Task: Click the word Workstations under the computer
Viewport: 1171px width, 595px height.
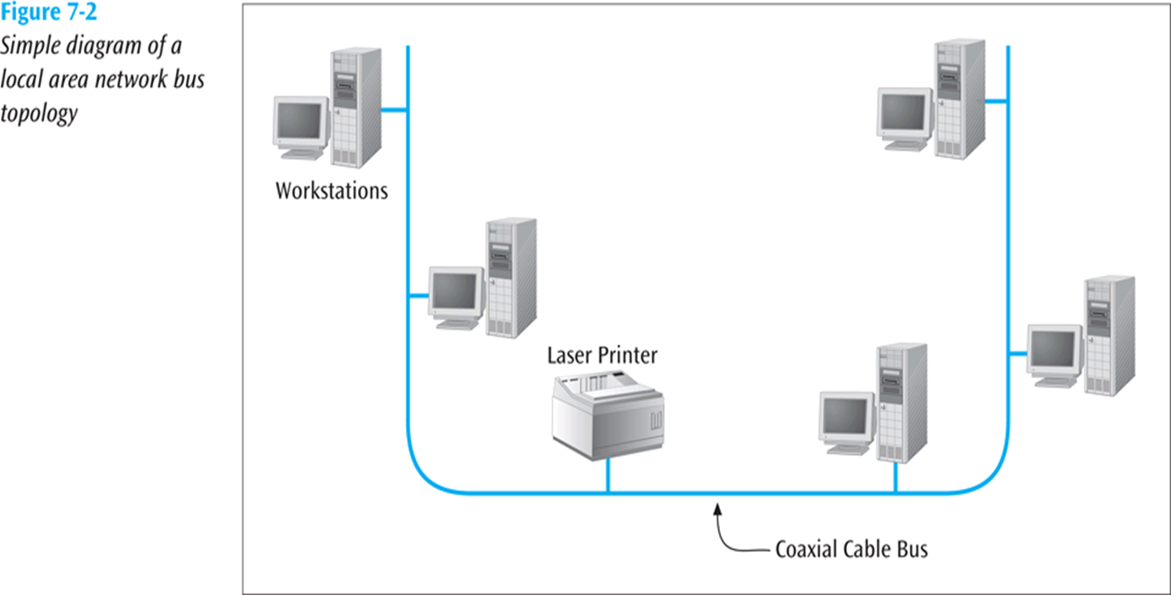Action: tap(331, 191)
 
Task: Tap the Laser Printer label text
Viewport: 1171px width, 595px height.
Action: tap(602, 354)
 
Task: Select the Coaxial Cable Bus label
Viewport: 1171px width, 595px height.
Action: tap(851, 549)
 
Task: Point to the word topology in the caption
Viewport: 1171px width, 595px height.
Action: tap(38, 116)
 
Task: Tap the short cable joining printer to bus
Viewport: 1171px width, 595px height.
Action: tap(607, 476)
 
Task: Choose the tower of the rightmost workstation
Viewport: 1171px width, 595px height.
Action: tap(1109, 334)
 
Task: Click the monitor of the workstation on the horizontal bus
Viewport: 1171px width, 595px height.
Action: tap(845, 420)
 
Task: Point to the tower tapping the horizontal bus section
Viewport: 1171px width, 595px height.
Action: tap(897, 402)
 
